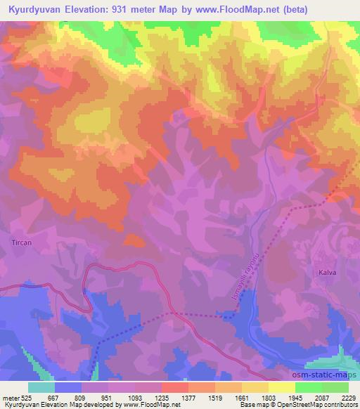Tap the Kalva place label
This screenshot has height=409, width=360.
coord(326,271)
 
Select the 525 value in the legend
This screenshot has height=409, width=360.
coord(27,398)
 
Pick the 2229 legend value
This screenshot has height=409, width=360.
coord(348,398)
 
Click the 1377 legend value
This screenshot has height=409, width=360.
coord(188,398)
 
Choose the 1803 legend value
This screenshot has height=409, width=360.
coord(269,398)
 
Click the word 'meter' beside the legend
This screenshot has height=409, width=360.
coord(11,398)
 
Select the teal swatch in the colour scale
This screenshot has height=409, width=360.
coord(41,387)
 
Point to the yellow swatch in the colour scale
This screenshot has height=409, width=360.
coord(281,387)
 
